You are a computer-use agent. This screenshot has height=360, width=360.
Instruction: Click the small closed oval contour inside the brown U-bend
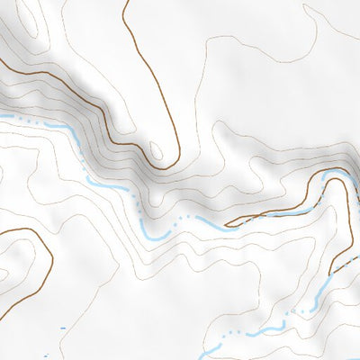coord(157,150)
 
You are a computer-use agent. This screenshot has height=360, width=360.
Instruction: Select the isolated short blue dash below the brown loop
coord(62,329)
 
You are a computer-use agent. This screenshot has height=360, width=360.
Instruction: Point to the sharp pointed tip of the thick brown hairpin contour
coord(226,225)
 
